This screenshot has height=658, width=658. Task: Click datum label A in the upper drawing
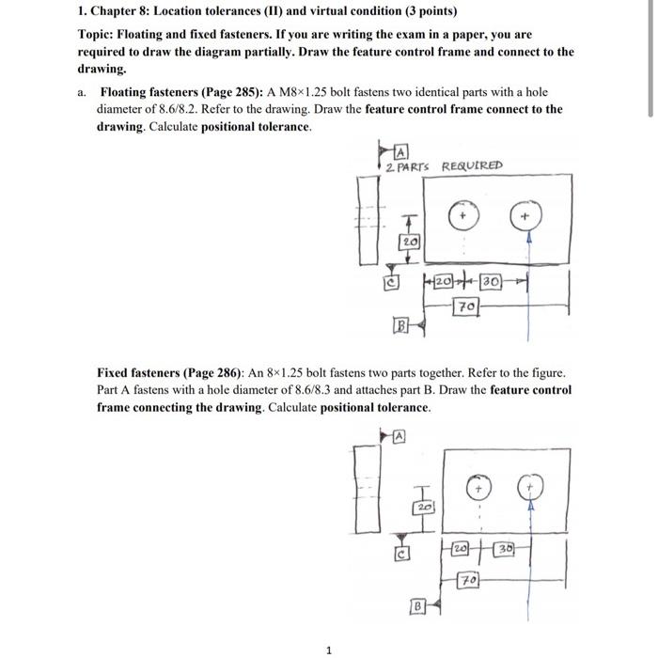[401, 151]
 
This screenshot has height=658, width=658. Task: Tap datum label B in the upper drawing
[399, 327]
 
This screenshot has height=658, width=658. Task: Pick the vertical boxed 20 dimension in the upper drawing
[409, 242]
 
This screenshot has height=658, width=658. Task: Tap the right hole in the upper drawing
[527, 217]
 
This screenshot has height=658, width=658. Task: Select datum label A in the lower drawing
[399, 435]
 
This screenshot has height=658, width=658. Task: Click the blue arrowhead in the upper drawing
[528, 240]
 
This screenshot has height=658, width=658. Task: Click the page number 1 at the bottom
[329, 648]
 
